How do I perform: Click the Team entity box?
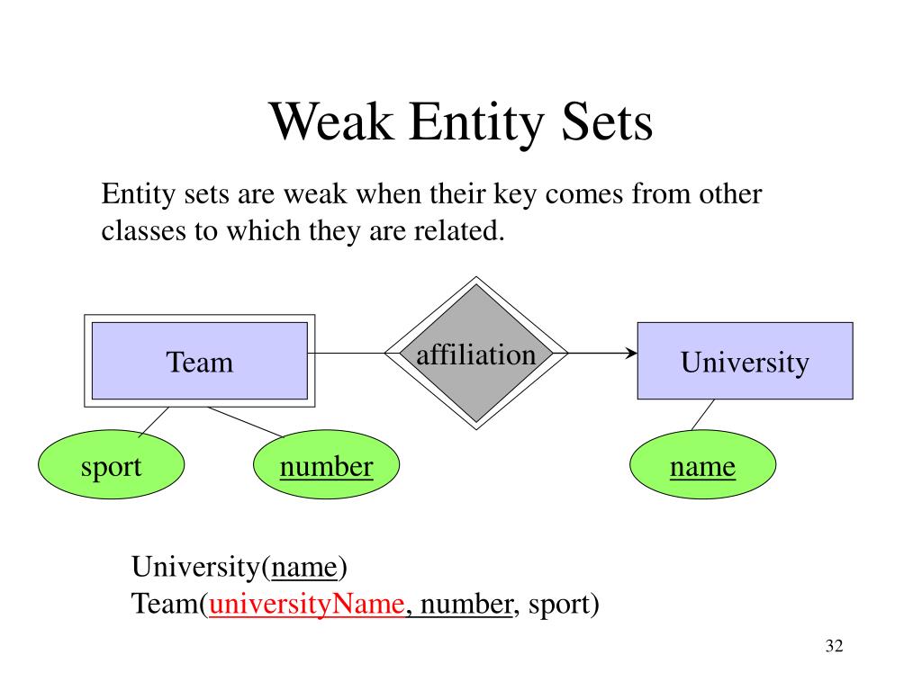click(x=199, y=361)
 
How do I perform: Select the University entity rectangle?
click(x=745, y=361)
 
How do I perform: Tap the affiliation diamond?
click(x=476, y=353)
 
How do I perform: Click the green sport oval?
click(x=111, y=465)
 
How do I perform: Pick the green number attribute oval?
click(x=326, y=465)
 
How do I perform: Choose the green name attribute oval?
click(x=702, y=465)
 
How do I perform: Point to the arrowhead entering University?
click(x=632, y=353)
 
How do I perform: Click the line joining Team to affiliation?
click(x=347, y=353)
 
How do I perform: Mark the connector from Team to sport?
click(x=154, y=422)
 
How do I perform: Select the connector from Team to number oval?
click(x=246, y=423)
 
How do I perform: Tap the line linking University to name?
click(x=703, y=415)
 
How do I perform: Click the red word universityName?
click(x=306, y=604)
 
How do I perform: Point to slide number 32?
click(x=835, y=646)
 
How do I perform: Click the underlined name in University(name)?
click(x=304, y=567)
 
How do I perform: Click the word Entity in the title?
click(x=476, y=123)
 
